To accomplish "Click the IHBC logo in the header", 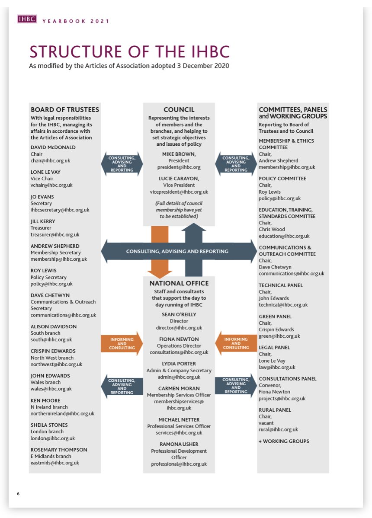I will click(x=26, y=19).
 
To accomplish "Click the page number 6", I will click(x=18, y=494).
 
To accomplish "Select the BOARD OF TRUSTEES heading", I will click(x=65, y=109).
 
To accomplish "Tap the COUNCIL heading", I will click(x=179, y=110).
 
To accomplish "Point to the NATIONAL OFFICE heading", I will click(x=179, y=283).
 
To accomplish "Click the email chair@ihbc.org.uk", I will click(x=50, y=160).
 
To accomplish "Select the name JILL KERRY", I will click(x=43, y=221).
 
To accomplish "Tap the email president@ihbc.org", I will click(x=179, y=167).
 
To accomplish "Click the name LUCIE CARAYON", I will click(x=179, y=178).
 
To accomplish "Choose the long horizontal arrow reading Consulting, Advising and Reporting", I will click(x=177, y=251).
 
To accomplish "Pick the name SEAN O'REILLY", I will click(x=179, y=315).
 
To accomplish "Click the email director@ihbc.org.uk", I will click(x=179, y=328).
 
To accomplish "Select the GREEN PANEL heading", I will click(x=275, y=317).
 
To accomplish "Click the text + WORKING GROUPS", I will click(x=284, y=441).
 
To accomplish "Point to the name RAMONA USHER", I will click(x=179, y=444).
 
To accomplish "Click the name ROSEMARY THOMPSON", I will click(x=59, y=450).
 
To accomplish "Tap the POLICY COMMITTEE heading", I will click(x=282, y=179).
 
